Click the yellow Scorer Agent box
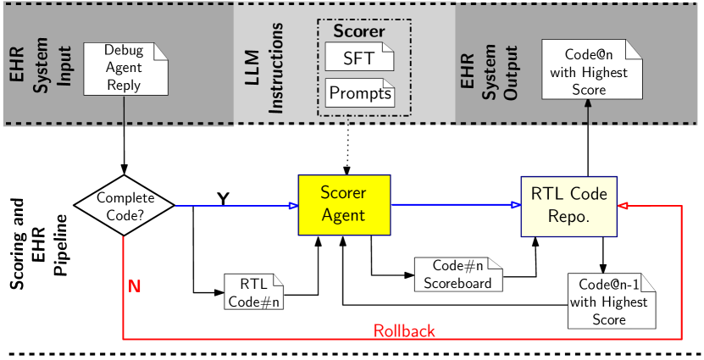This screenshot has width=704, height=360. point(344,204)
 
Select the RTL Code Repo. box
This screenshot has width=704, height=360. point(568,204)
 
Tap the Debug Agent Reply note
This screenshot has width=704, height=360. point(124,68)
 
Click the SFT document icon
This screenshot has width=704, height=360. point(359,58)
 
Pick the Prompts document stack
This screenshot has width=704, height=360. point(360,92)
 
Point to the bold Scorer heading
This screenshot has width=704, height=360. point(358,32)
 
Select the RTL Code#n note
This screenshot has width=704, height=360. point(254,292)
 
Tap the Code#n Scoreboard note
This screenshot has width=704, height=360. point(457,274)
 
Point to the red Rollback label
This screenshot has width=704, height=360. point(404,330)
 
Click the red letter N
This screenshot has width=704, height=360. point(135,286)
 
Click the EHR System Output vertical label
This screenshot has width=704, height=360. point(489,66)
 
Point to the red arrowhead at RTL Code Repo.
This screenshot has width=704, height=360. point(623,205)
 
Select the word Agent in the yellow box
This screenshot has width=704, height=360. point(344,215)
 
